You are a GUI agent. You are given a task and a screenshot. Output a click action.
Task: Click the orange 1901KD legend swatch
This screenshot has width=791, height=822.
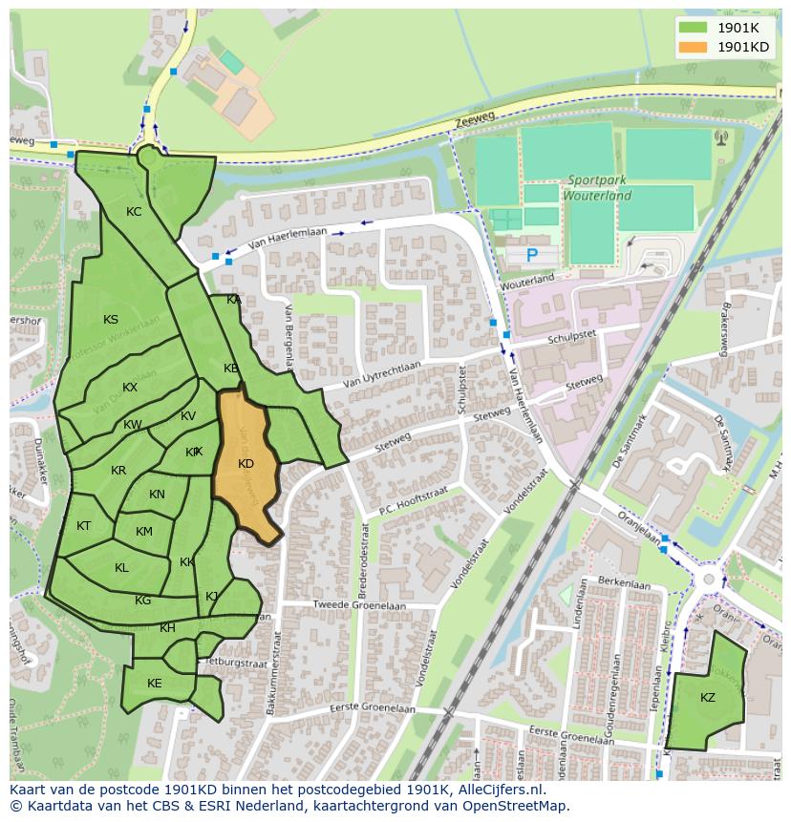pos(694,47)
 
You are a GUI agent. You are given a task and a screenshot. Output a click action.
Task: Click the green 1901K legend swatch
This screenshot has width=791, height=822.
pos(694,28)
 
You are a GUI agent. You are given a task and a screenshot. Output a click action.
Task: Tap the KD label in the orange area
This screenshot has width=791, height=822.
pos(246,464)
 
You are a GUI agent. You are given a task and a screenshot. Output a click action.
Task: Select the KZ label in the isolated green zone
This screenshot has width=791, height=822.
pos(707,698)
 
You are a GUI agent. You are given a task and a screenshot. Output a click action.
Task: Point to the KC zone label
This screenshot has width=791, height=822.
pos(134,212)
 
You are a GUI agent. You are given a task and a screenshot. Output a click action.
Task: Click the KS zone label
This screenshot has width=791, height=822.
pos(111,320)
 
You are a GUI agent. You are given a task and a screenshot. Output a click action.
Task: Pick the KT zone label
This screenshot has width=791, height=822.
pos(84,526)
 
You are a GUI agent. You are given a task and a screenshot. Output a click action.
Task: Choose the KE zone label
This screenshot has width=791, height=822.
pos(155,684)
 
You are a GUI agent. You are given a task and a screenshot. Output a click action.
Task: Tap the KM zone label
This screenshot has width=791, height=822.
pos(144,532)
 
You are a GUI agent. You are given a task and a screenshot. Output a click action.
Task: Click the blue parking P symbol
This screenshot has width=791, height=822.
pos(532,255)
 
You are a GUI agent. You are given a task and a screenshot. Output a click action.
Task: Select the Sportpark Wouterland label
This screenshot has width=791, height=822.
pos(598,188)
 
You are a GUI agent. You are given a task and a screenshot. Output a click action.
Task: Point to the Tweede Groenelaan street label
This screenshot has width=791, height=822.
pos(359,606)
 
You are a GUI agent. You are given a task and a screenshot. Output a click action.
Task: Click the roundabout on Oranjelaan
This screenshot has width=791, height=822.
pos(708,580)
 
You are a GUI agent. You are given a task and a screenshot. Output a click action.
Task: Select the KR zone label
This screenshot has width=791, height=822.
pos(118,471)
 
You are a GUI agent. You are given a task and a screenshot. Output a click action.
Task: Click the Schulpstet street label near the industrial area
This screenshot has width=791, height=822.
pos(572,339)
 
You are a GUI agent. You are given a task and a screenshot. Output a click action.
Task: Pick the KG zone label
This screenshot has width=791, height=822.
pos(142,601)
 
